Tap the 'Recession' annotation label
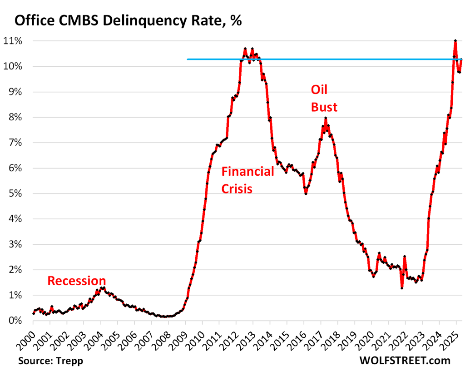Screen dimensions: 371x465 76,281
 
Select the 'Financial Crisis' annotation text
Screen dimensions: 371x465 247,180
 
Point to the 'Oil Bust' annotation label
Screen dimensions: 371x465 324,98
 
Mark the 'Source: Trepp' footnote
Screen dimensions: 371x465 48,361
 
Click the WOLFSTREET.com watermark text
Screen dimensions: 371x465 406,361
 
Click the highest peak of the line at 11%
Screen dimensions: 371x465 455,41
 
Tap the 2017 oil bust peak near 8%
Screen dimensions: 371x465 326,118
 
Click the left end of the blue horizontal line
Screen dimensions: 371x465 188,59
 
